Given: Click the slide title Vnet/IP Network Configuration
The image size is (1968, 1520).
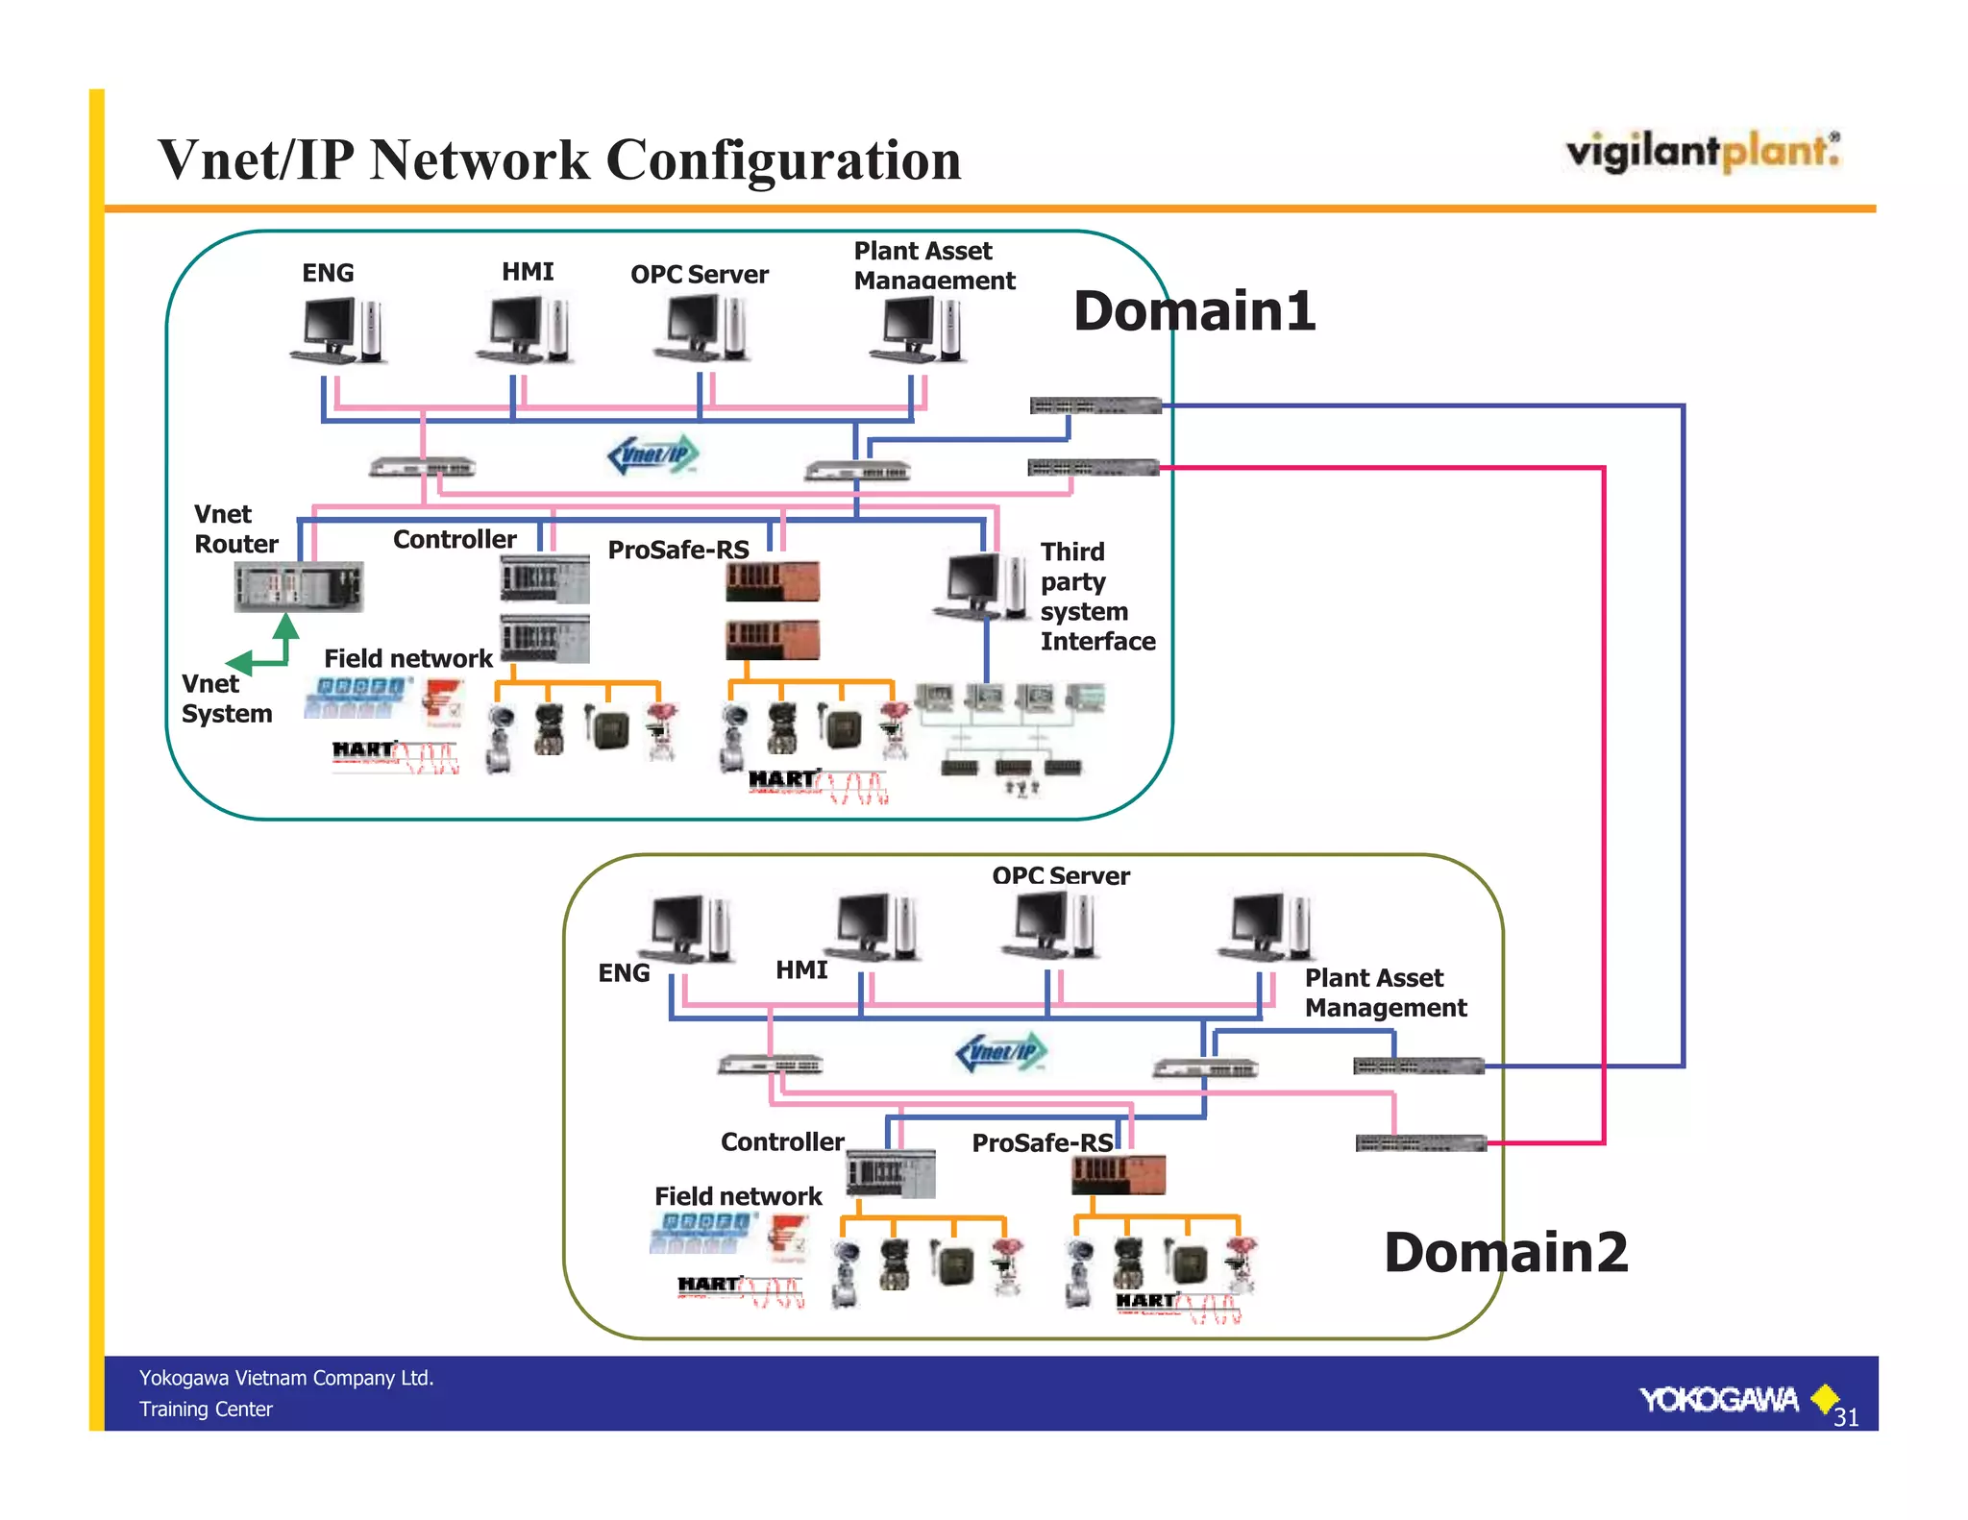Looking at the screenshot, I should tap(559, 159).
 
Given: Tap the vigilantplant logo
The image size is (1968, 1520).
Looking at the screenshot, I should tap(1702, 152).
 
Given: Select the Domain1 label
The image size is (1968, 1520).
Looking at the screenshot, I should tap(1193, 311).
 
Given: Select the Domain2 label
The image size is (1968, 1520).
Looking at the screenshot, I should tap(1506, 1253).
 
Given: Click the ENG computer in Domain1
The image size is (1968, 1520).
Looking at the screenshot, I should tap(338, 330).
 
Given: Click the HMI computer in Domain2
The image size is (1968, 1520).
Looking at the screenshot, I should tap(873, 927).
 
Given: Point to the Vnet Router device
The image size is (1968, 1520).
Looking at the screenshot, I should tap(298, 586).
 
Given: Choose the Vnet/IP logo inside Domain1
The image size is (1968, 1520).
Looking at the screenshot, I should tap(653, 454).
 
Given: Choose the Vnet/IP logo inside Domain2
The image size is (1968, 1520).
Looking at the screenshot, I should tap(1000, 1052).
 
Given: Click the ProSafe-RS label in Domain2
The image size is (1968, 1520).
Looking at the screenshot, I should tap(1042, 1142).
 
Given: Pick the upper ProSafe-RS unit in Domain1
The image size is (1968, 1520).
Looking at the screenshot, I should tap(772, 581).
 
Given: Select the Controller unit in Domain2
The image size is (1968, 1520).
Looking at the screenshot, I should tap(890, 1173).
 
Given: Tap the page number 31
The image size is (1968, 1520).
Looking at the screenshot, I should tap(1846, 1417).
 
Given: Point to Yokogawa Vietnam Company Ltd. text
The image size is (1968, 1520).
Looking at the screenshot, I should tap(286, 1378).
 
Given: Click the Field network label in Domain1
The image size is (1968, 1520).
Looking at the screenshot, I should tap(407, 658).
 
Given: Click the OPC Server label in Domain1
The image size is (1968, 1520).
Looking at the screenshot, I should tap(699, 275).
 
